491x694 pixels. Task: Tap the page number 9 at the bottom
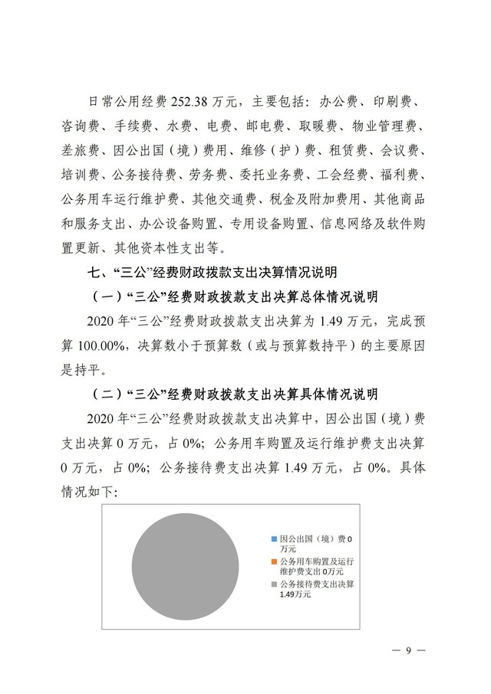coord(409,651)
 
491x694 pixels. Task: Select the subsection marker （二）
coord(107,394)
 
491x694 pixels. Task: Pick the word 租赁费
coord(348,151)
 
